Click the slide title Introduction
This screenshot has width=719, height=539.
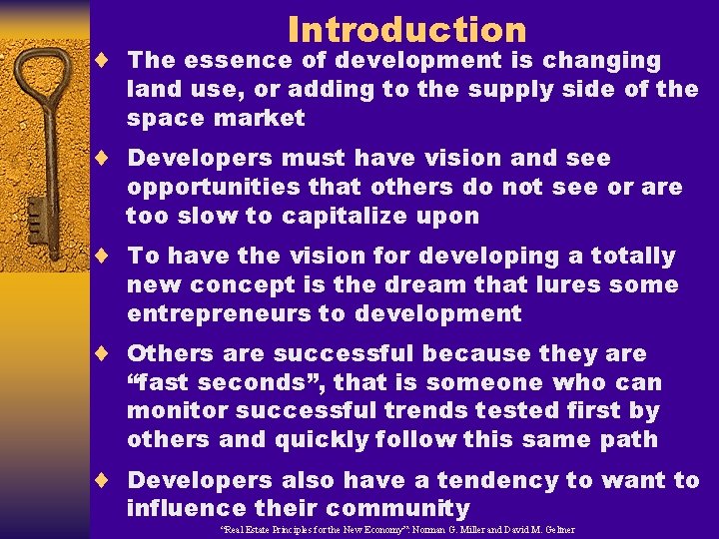click(x=406, y=30)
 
